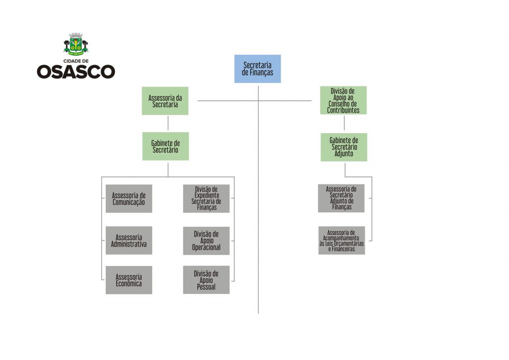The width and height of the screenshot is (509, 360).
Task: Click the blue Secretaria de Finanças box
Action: point(257,69)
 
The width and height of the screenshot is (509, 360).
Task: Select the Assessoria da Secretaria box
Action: point(165,100)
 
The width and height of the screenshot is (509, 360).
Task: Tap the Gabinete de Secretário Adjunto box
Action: point(343,147)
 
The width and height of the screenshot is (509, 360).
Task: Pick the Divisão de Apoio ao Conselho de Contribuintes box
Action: point(343,100)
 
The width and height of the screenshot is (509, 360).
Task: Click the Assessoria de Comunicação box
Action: point(129,198)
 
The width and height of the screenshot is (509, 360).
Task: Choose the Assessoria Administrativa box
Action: point(129,240)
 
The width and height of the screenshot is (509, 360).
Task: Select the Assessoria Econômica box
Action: point(129,280)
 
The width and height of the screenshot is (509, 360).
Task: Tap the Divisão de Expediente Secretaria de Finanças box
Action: point(206,198)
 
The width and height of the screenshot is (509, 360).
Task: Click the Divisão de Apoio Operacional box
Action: point(206,240)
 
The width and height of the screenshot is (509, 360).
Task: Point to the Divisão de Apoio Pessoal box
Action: point(206,280)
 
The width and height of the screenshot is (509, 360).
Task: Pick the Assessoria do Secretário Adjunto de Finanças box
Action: point(341,198)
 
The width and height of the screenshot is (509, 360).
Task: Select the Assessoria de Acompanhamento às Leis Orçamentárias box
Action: point(341,240)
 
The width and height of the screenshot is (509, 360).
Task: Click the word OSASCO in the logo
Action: point(76,72)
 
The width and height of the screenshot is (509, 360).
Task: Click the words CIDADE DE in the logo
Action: point(76,60)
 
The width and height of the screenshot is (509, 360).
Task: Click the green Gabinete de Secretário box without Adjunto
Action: point(166,146)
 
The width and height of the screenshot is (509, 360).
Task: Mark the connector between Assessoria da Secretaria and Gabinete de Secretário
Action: point(168,123)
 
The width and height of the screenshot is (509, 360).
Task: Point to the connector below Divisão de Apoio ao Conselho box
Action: point(344,123)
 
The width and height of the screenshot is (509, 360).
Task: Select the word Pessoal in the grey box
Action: point(206,287)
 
